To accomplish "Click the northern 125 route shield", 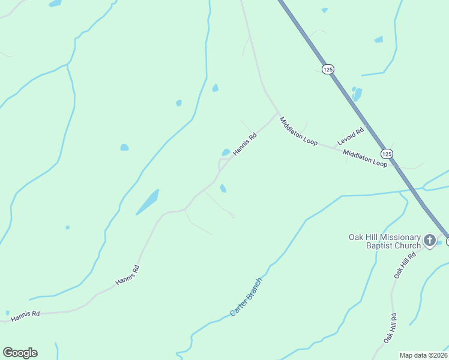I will coord(327,70).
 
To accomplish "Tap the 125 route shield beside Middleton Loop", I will coord(387,154).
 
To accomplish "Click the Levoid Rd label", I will coord(351,136).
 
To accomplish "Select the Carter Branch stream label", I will coord(246,297).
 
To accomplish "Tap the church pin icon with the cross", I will coord(429,241).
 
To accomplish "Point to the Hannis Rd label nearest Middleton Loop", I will coord(245,145).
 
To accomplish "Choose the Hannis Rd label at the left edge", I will coord(25,314).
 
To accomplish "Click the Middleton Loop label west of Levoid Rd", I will coord(298,131).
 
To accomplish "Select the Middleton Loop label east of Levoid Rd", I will coord(365,158).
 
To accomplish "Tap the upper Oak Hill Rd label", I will coord(405,265).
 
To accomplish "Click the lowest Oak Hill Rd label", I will coord(391,328).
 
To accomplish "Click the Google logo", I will coord(20,353).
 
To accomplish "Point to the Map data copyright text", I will coord(424,355).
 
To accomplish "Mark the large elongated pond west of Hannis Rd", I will coord(148,202).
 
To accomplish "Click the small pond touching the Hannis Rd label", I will coord(226,152).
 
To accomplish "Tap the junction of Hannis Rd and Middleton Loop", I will coord(278,112).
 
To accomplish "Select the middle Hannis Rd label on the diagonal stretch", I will coord(127,275).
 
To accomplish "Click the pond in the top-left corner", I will coord(55,3).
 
